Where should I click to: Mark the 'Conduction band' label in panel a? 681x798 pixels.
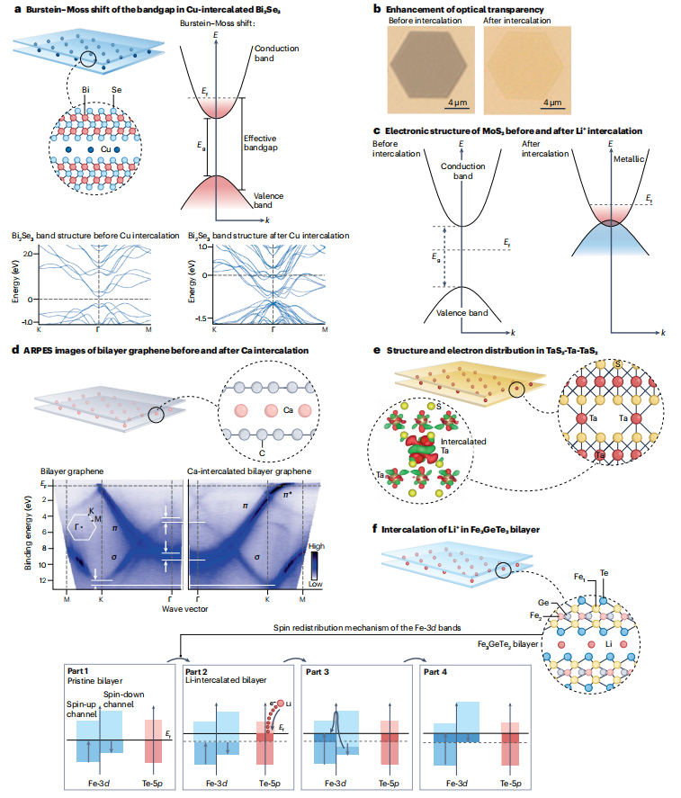click(273, 52)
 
